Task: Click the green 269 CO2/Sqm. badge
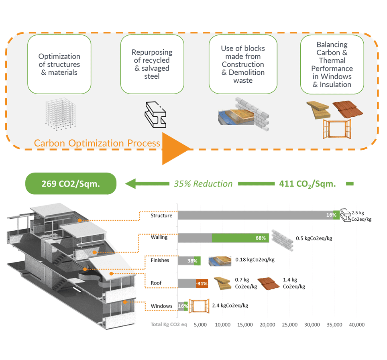tap(71, 184)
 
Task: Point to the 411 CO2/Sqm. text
tap(307, 184)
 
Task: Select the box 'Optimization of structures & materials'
tap(59, 64)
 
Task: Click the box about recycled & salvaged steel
tap(152, 64)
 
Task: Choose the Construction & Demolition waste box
tap(243, 64)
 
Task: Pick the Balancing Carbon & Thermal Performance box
tap(332, 64)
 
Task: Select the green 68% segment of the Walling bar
tap(240, 238)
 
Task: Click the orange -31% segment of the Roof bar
tap(202, 283)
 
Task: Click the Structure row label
tap(161, 216)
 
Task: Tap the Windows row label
tap(161, 306)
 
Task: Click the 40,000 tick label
tap(356, 325)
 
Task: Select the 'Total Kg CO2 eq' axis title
tap(169, 325)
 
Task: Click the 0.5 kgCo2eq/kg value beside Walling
tap(314, 238)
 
